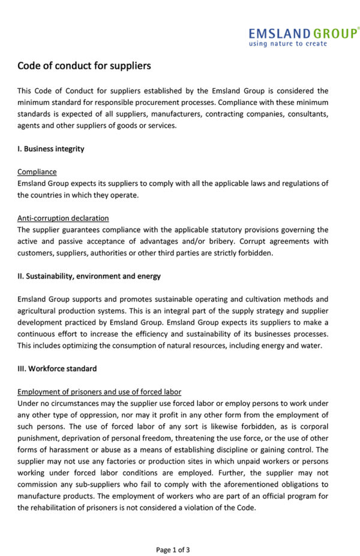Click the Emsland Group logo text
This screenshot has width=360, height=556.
coord(303,33)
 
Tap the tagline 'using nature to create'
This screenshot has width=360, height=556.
coord(288,44)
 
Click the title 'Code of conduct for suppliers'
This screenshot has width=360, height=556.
coord(83,65)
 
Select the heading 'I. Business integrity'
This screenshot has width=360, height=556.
coord(50,149)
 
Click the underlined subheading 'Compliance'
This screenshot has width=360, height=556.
coord(37,172)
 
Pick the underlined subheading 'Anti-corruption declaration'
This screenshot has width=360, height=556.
coord(63,218)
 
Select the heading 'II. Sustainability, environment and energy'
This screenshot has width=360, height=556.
coord(89,276)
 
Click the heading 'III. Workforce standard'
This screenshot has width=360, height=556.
coord(56,369)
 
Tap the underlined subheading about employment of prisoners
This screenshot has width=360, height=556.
coord(99,391)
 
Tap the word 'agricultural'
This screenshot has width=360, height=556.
coord(38,310)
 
